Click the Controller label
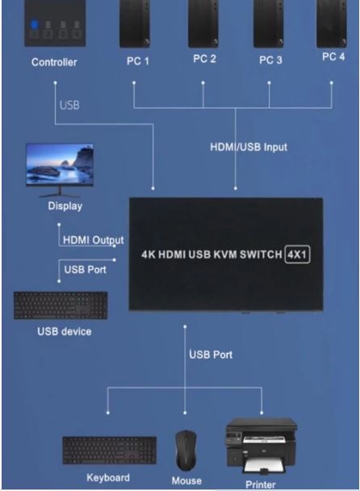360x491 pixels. point(54,62)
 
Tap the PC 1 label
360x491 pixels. point(138,61)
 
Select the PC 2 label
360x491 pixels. point(204,59)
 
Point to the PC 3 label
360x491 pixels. point(270,60)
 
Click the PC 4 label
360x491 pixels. point(333,57)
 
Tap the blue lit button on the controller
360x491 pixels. point(35,24)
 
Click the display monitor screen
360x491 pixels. point(60,164)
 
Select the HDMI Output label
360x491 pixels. point(94,240)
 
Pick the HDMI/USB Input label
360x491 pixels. point(249,147)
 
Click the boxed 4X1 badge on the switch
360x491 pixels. point(297,254)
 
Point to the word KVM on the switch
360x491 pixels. point(225,254)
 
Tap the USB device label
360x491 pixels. point(65,331)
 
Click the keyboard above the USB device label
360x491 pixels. point(61,305)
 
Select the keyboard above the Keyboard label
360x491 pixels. point(109,451)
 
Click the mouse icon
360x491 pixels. point(186,450)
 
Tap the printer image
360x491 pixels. point(262,446)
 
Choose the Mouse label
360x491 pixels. point(186,481)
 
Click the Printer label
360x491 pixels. point(261,485)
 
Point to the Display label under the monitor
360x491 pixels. point(65,206)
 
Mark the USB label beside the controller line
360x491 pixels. point(69,105)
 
